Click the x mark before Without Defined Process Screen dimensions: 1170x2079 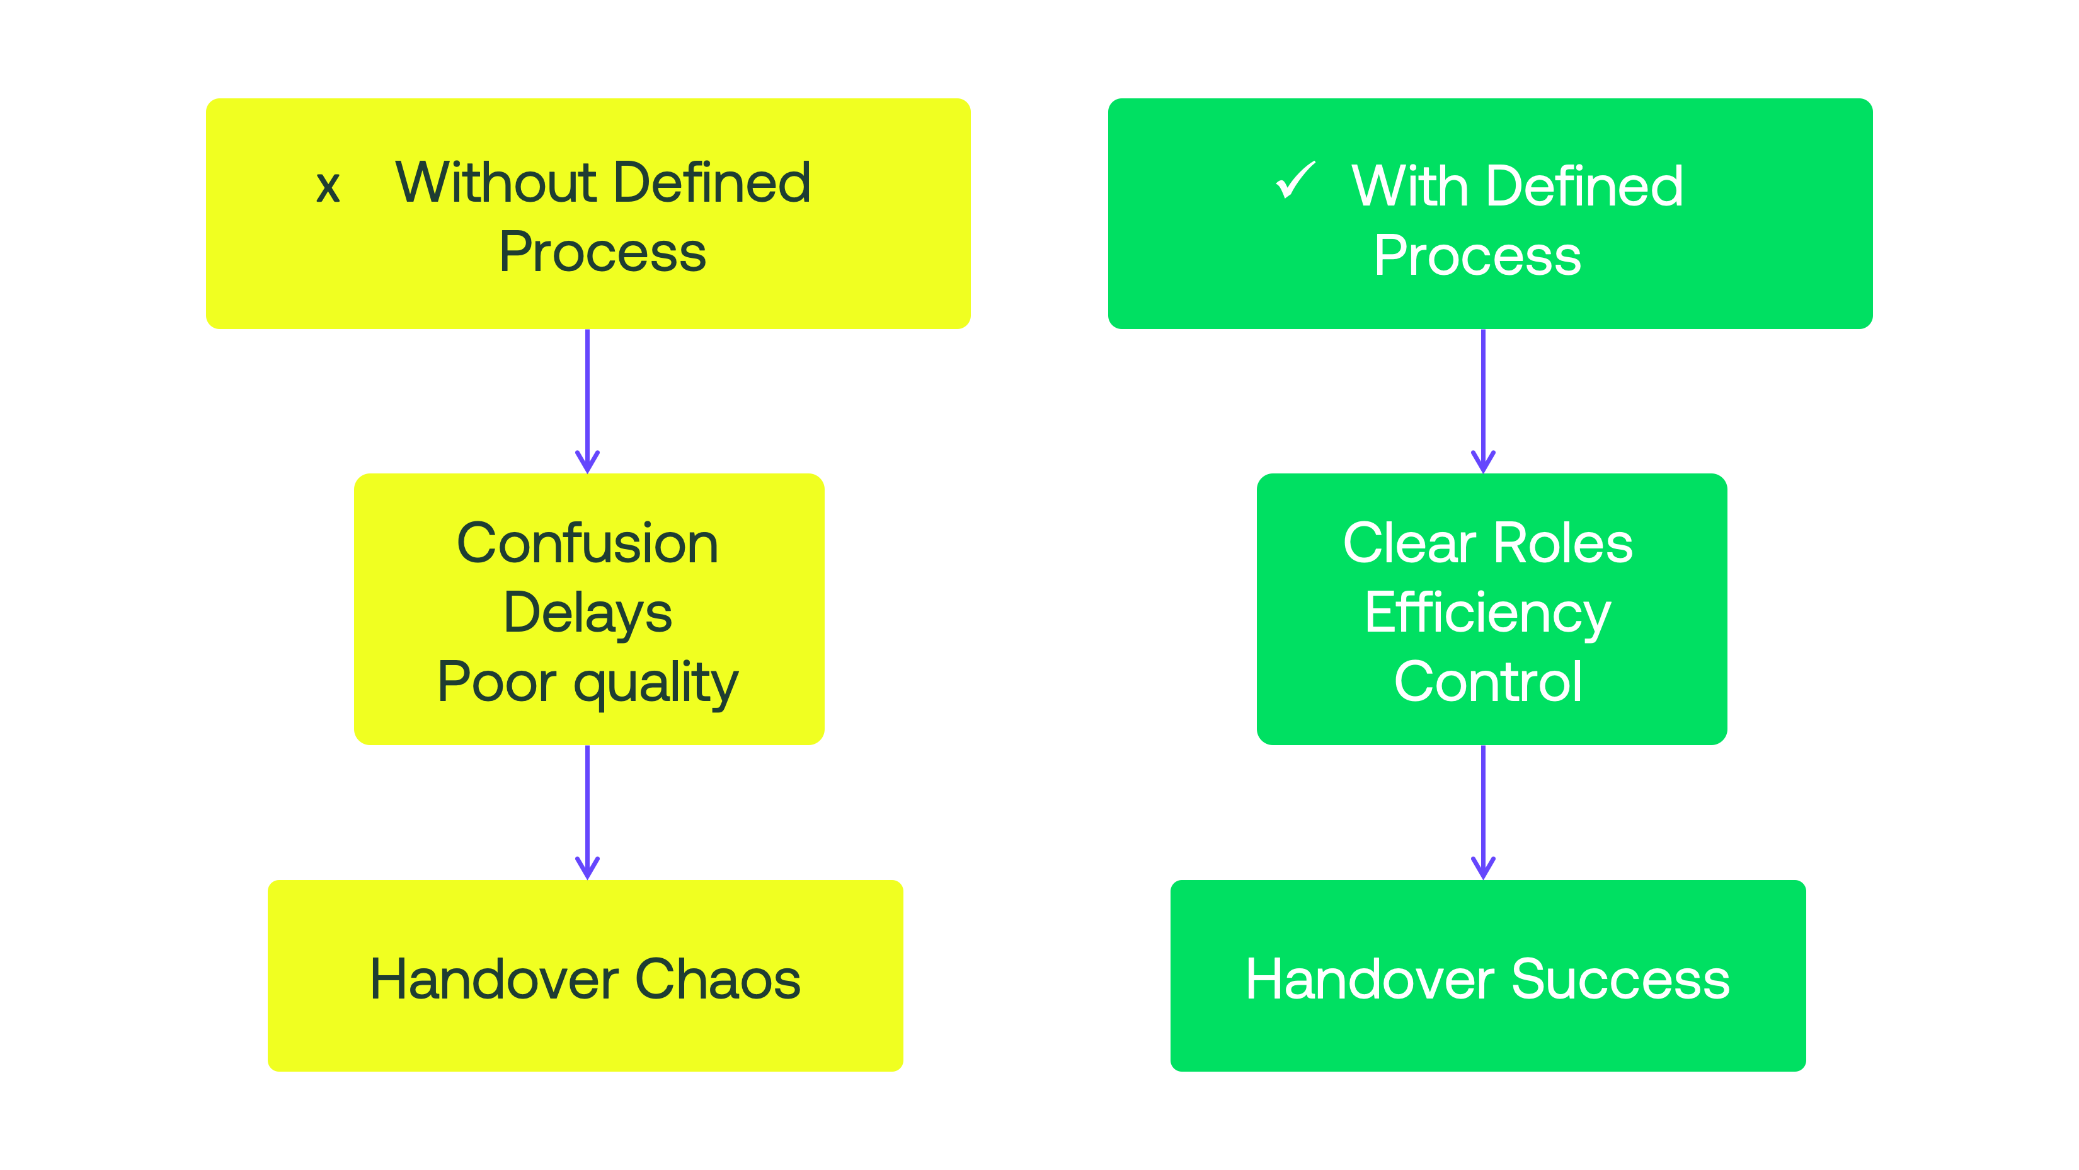coord(328,187)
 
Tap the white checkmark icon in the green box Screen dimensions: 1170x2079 coord(1295,180)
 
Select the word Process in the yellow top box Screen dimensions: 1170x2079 coord(602,252)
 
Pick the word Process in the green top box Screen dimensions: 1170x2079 coord(1477,255)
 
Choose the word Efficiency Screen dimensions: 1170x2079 coord(1487,613)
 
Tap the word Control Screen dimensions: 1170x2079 coord(1487,682)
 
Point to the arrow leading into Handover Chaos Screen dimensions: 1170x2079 coord(588,811)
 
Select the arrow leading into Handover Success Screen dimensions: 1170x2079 coord(1484,811)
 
